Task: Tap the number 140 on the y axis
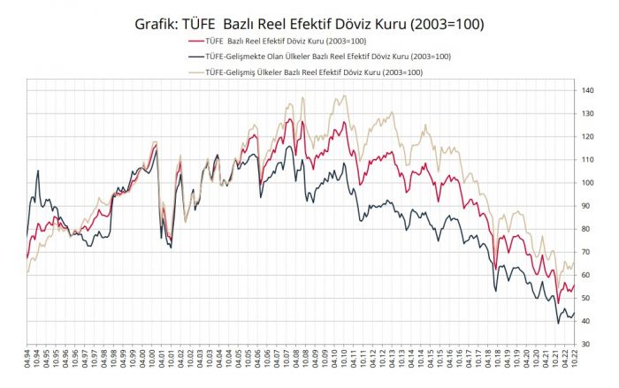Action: (x=587, y=90)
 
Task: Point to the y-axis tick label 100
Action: (x=587, y=183)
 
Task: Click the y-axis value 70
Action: (x=585, y=252)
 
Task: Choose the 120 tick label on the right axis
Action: (x=587, y=137)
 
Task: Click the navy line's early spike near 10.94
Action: (x=38, y=170)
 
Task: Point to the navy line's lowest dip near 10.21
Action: (x=558, y=323)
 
